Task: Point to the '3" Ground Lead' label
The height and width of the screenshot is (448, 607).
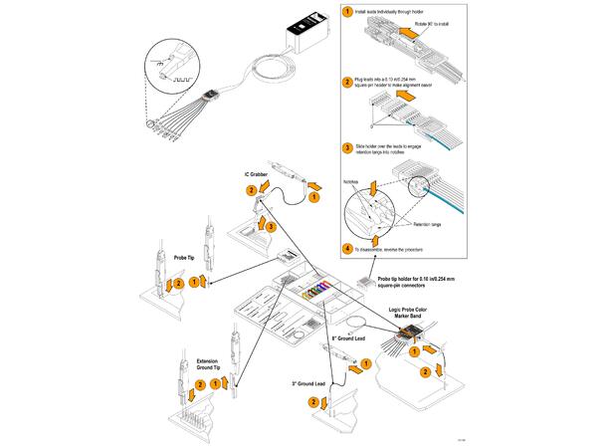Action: [309, 382]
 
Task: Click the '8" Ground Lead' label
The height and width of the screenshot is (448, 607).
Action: [351, 337]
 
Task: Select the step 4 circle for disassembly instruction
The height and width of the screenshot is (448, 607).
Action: [347, 247]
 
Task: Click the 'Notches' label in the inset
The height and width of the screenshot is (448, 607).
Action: [352, 181]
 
